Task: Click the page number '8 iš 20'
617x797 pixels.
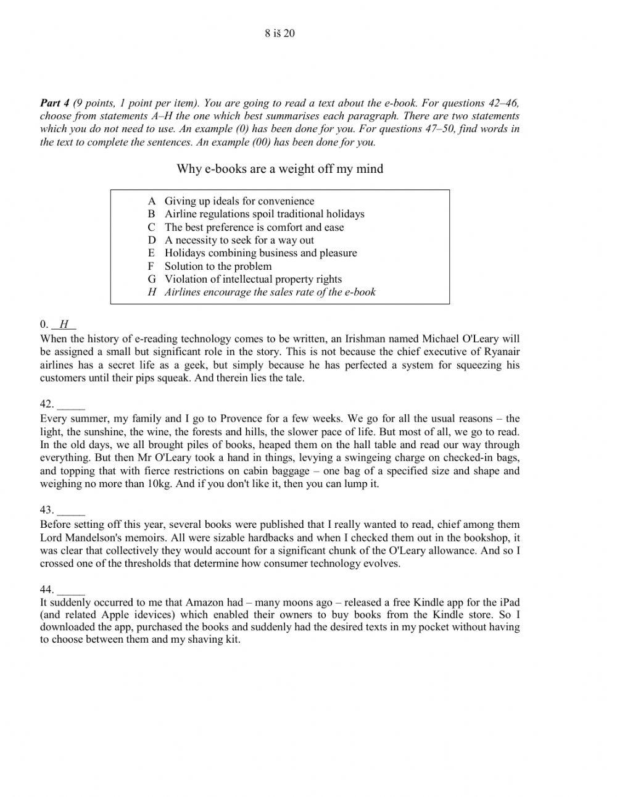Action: point(280,33)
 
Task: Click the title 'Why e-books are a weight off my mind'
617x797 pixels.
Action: point(280,169)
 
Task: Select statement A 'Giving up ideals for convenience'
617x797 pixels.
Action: point(239,201)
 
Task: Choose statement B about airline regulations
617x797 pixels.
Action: point(264,214)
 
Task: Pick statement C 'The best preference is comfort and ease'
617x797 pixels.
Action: point(254,227)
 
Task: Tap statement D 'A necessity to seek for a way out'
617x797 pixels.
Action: point(239,240)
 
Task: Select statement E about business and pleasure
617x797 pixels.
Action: point(260,253)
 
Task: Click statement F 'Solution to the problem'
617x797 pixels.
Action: point(218,266)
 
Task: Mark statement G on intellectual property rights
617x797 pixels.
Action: point(253,279)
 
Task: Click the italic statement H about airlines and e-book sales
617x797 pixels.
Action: point(270,292)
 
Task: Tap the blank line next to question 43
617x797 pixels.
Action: point(70,511)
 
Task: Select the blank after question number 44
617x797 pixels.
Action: point(70,589)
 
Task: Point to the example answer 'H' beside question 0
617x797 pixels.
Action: point(64,325)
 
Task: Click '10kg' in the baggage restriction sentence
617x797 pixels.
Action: point(159,483)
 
